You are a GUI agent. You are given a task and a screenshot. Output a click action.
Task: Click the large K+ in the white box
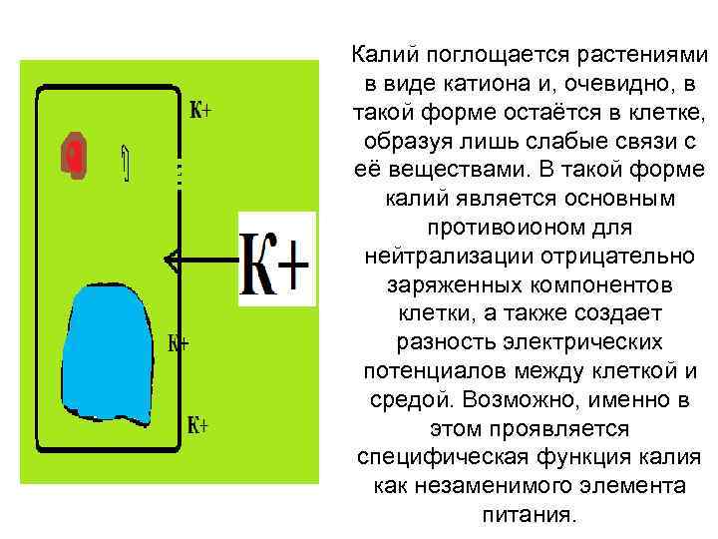(x=276, y=260)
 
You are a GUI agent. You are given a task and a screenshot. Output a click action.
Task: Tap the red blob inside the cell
(x=74, y=155)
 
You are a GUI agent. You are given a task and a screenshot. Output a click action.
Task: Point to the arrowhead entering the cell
(x=172, y=262)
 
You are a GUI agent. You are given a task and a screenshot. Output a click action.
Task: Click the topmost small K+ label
(x=199, y=110)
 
